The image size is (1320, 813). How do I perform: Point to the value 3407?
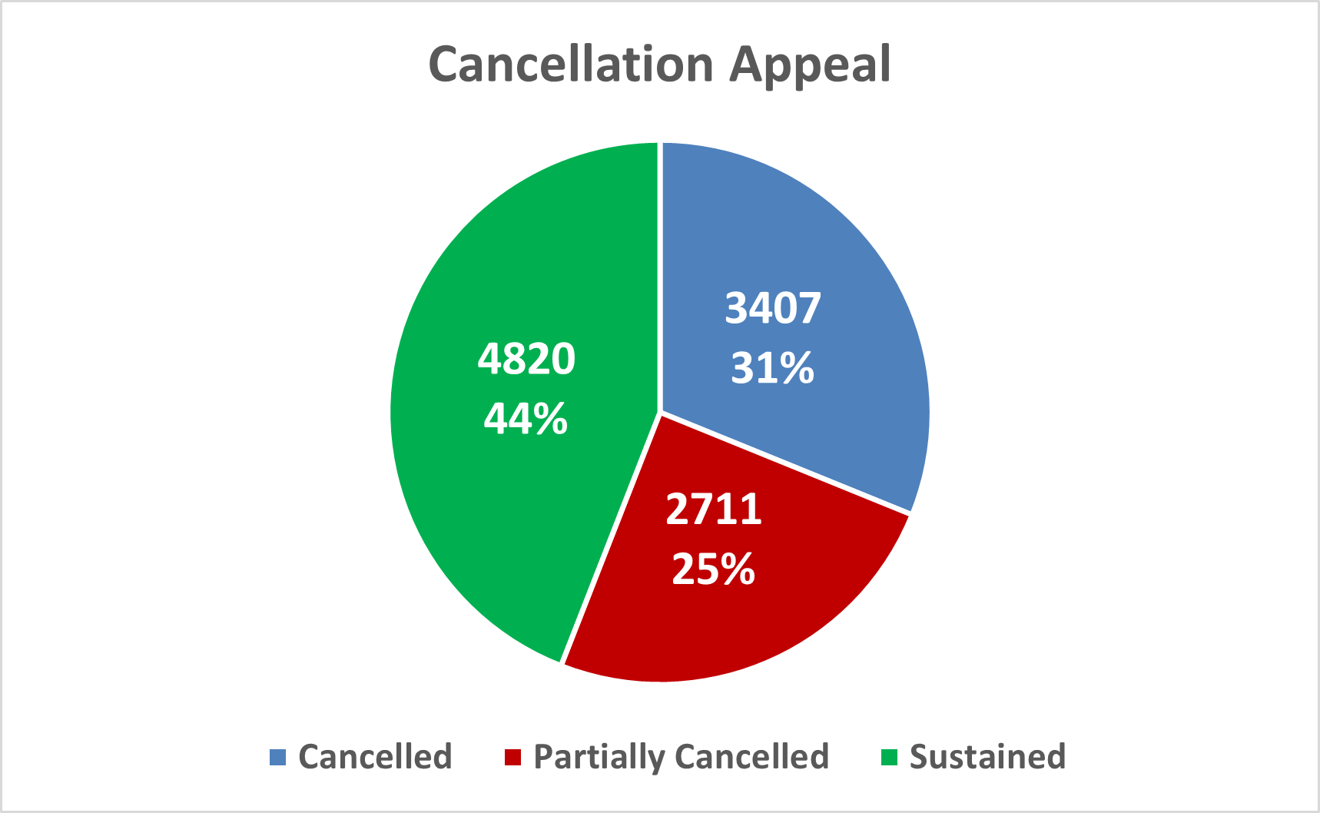pyautogui.click(x=773, y=308)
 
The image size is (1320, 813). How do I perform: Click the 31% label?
pyautogui.click(x=773, y=368)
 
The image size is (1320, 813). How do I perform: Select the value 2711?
pyautogui.click(x=714, y=509)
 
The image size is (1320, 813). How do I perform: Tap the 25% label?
pyautogui.click(x=714, y=569)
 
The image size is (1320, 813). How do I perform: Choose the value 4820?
pyautogui.click(x=526, y=358)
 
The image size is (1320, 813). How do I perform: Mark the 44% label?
pyautogui.click(x=526, y=419)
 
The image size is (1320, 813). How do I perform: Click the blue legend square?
pyautogui.click(x=277, y=758)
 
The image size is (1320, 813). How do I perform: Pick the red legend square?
pyautogui.click(x=512, y=758)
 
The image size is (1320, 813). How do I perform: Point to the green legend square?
pyautogui.click(x=889, y=758)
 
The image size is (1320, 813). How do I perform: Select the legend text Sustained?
pyautogui.click(x=987, y=757)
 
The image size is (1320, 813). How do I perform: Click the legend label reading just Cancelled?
pyautogui.click(x=375, y=757)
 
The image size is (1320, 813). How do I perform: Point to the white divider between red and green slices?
pyautogui.click(x=612, y=538)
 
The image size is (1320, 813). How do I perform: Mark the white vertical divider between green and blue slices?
pyautogui.click(x=660, y=277)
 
